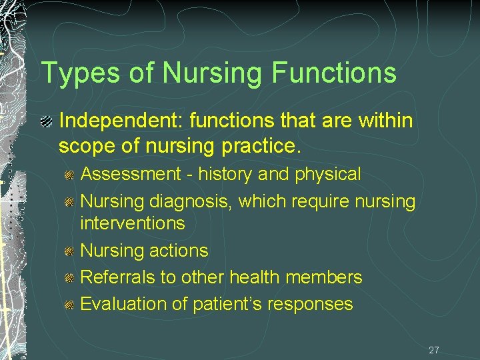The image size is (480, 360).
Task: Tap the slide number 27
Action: [434, 350]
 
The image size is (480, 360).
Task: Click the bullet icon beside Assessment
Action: [69, 175]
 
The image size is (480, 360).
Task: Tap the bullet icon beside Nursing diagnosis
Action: [69, 201]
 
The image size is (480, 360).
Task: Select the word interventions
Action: [133, 223]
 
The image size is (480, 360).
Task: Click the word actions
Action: [178, 251]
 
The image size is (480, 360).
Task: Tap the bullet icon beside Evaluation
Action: [69, 305]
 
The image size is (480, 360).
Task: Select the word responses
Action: [311, 305]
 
